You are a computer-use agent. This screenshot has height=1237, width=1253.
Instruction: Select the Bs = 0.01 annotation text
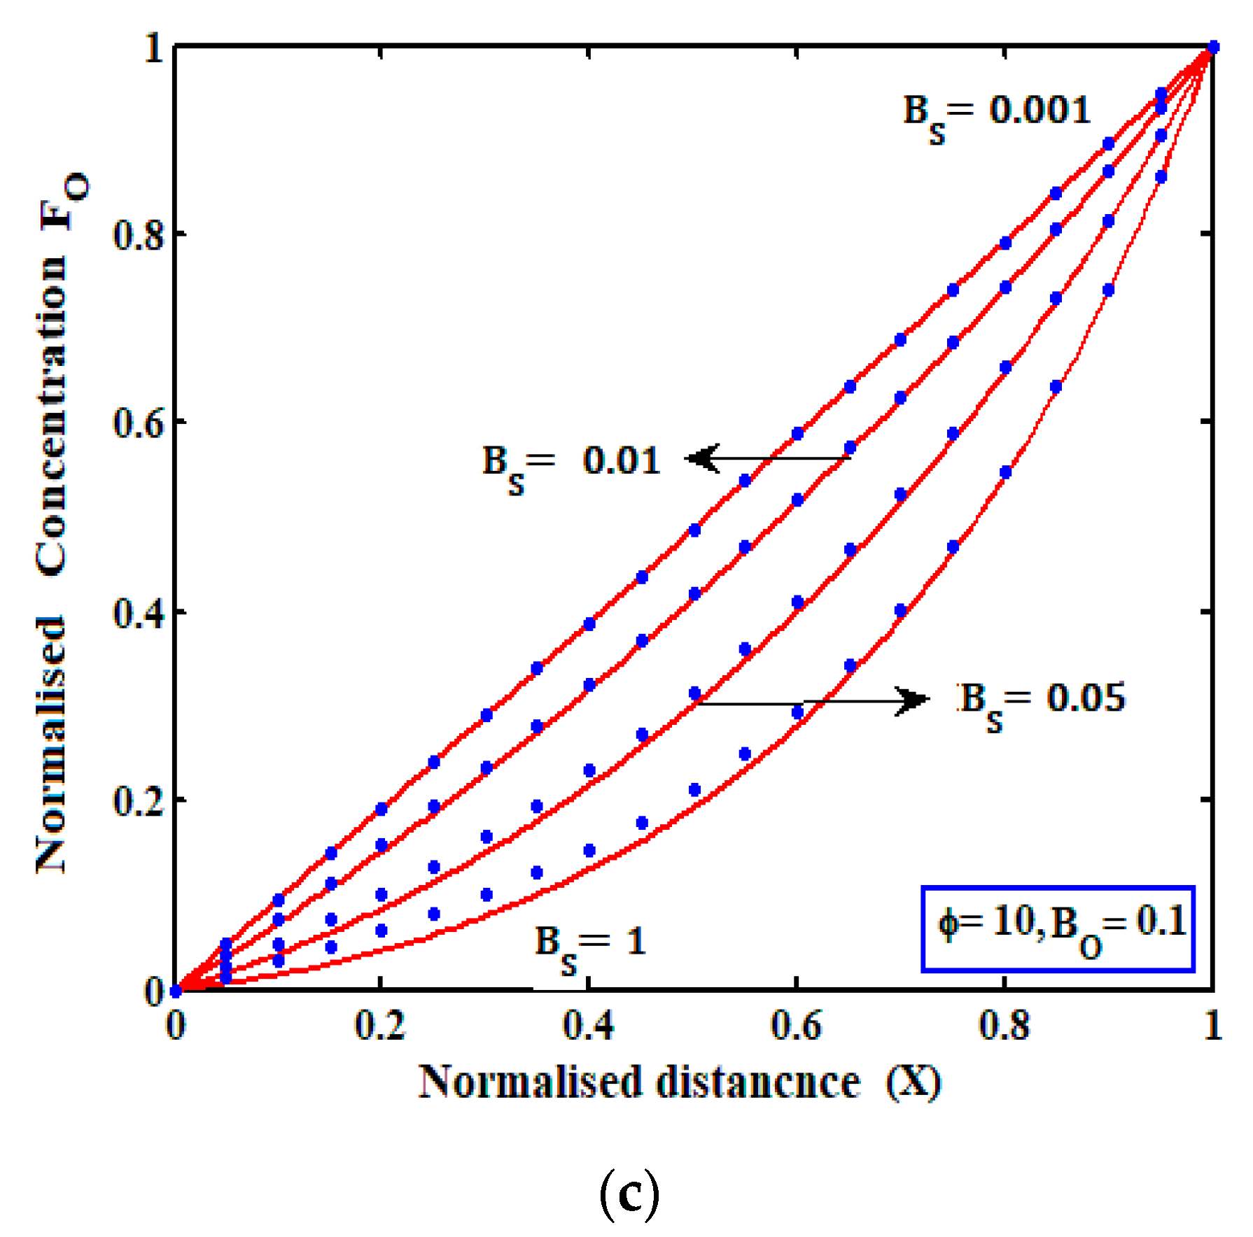(x=571, y=465)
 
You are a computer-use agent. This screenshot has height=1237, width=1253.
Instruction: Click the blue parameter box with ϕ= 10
(x=1058, y=928)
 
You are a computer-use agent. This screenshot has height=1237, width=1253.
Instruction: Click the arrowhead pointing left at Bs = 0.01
(x=702, y=459)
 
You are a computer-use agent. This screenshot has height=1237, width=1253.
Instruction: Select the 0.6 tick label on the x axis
(x=796, y=1026)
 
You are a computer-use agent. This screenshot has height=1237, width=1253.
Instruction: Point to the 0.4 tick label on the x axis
(x=588, y=1026)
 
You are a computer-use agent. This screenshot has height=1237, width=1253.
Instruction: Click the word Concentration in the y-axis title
(x=52, y=416)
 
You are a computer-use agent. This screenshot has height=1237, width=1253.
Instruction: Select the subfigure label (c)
(x=629, y=1196)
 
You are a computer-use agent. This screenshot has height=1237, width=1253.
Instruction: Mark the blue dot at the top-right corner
(x=1213, y=48)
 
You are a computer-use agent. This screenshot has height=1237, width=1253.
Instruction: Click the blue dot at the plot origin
(x=176, y=991)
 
